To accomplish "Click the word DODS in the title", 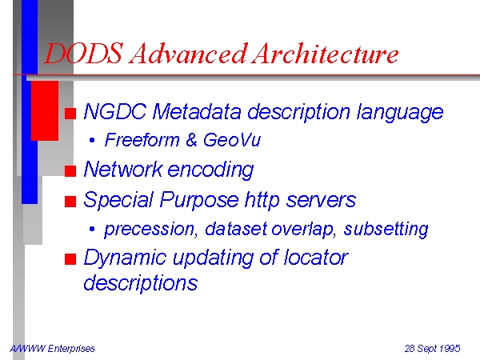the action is [x=83, y=54].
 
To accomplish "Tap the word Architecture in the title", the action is [x=325, y=54].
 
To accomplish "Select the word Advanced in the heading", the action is [x=188, y=54].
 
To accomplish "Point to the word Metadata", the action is [x=197, y=111].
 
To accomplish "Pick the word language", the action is [x=400, y=112].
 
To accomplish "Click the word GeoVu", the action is [x=231, y=140].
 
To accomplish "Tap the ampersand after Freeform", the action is [x=191, y=140].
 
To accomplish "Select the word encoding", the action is [x=210, y=170].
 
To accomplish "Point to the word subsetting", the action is [x=386, y=230].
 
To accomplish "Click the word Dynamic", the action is [x=125, y=258].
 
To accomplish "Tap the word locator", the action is [x=316, y=257].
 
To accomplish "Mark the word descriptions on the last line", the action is [x=141, y=283].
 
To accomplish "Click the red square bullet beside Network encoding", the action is [x=70, y=171].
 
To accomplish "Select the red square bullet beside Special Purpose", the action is [x=70, y=202].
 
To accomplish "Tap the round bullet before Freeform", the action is [x=92, y=140].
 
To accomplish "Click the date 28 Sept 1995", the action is [x=432, y=348].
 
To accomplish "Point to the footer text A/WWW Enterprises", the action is [x=52, y=348].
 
